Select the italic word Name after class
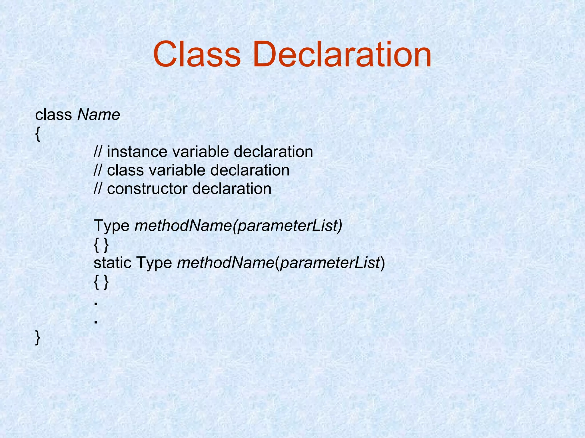(99, 115)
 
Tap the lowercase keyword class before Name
(53, 115)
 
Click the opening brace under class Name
(38, 134)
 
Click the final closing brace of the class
(38, 338)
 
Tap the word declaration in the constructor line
(232, 189)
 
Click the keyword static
(113, 263)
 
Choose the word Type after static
(154, 263)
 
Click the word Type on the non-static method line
(112, 226)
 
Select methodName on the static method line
(226, 263)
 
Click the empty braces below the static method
(101, 282)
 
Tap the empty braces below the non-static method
(101, 245)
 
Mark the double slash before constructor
(98, 189)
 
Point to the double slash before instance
(98, 152)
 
